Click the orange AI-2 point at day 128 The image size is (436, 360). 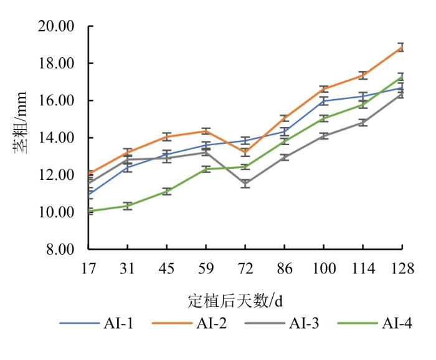402,47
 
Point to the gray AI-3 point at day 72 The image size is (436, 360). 245,183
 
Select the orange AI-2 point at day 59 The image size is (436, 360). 206,131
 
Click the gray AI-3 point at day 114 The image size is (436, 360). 363,123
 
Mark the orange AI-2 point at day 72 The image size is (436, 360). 245,151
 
